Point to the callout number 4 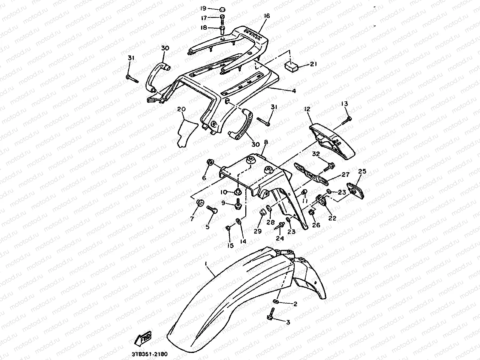click(294, 90)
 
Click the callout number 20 click(181, 109)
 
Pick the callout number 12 click(307, 109)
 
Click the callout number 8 click(266, 142)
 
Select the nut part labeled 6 click(211, 162)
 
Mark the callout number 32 click(316, 154)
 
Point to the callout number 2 click(295, 304)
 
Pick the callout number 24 click(280, 238)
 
